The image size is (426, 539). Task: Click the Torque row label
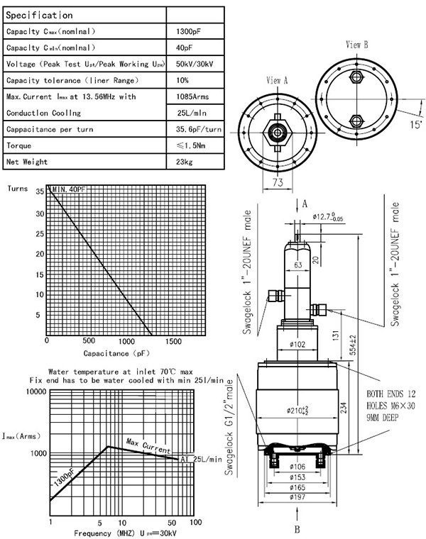19,145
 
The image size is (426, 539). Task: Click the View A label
276,81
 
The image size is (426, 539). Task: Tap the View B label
356,44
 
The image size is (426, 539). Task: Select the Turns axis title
19,190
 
